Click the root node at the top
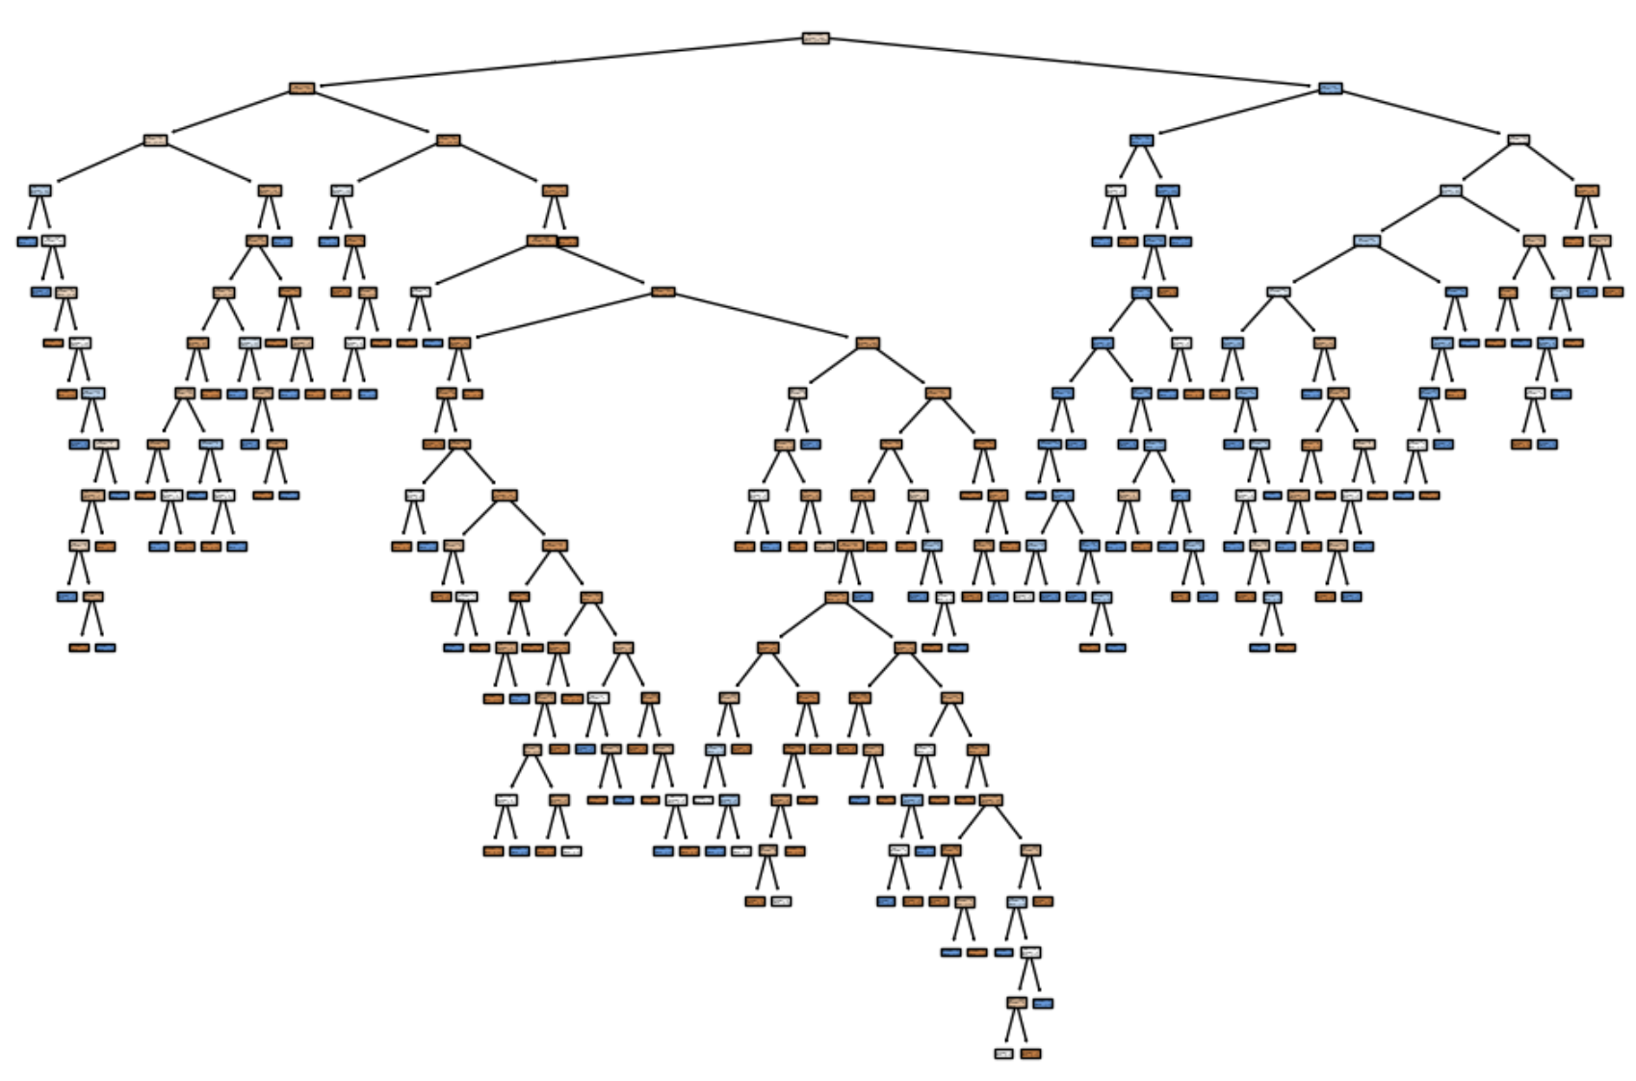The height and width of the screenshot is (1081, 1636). click(816, 39)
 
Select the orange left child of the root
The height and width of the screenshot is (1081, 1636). click(302, 89)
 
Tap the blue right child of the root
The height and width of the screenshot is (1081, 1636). click(1331, 89)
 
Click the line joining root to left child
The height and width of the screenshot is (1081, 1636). click(558, 63)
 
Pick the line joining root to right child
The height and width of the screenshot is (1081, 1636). click(1074, 63)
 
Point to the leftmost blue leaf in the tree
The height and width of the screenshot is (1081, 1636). click(27, 242)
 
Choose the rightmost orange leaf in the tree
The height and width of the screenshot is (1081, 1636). click(1613, 292)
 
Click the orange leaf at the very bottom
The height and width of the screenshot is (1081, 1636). click(1030, 1054)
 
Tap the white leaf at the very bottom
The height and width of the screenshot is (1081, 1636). click(1004, 1054)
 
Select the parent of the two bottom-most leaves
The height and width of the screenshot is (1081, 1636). click(1017, 1003)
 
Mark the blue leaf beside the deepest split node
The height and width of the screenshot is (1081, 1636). click(1043, 1003)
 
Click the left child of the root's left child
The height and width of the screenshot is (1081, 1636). click(155, 141)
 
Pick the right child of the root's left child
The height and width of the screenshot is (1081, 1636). click(448, 141)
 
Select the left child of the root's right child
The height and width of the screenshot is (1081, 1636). click(1142, 141)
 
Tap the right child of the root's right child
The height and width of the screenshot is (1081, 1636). click(1519, 141)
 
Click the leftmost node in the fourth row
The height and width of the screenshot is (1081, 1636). click(39, 191)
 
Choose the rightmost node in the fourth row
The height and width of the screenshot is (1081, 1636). click(1587, 191)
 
